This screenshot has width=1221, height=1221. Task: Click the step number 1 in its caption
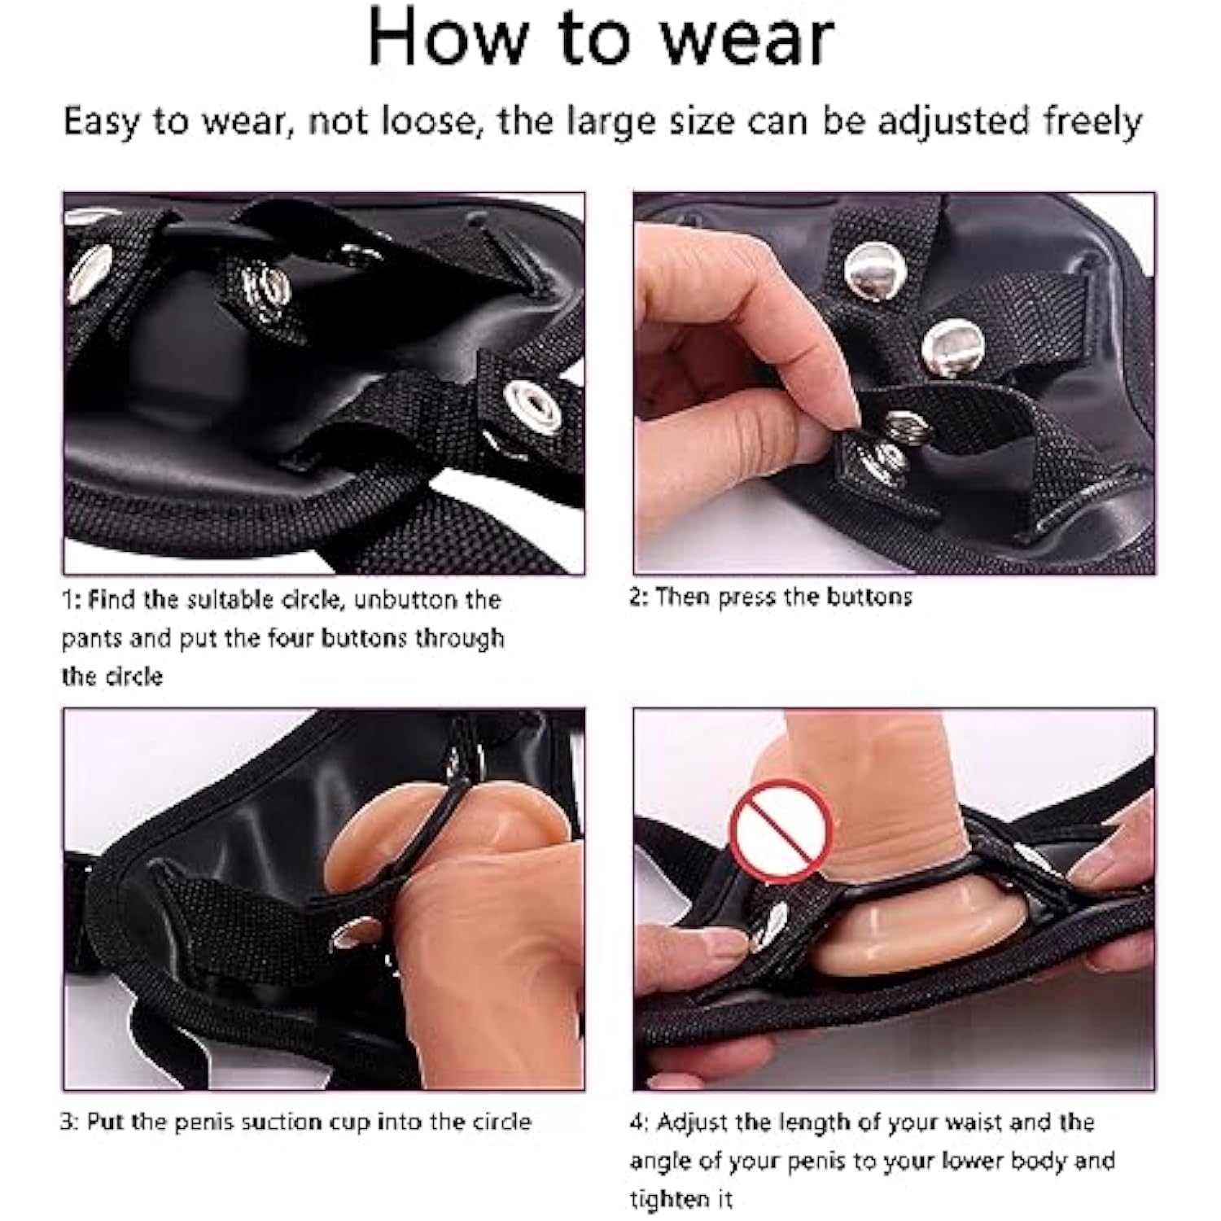tap(67, 601)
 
